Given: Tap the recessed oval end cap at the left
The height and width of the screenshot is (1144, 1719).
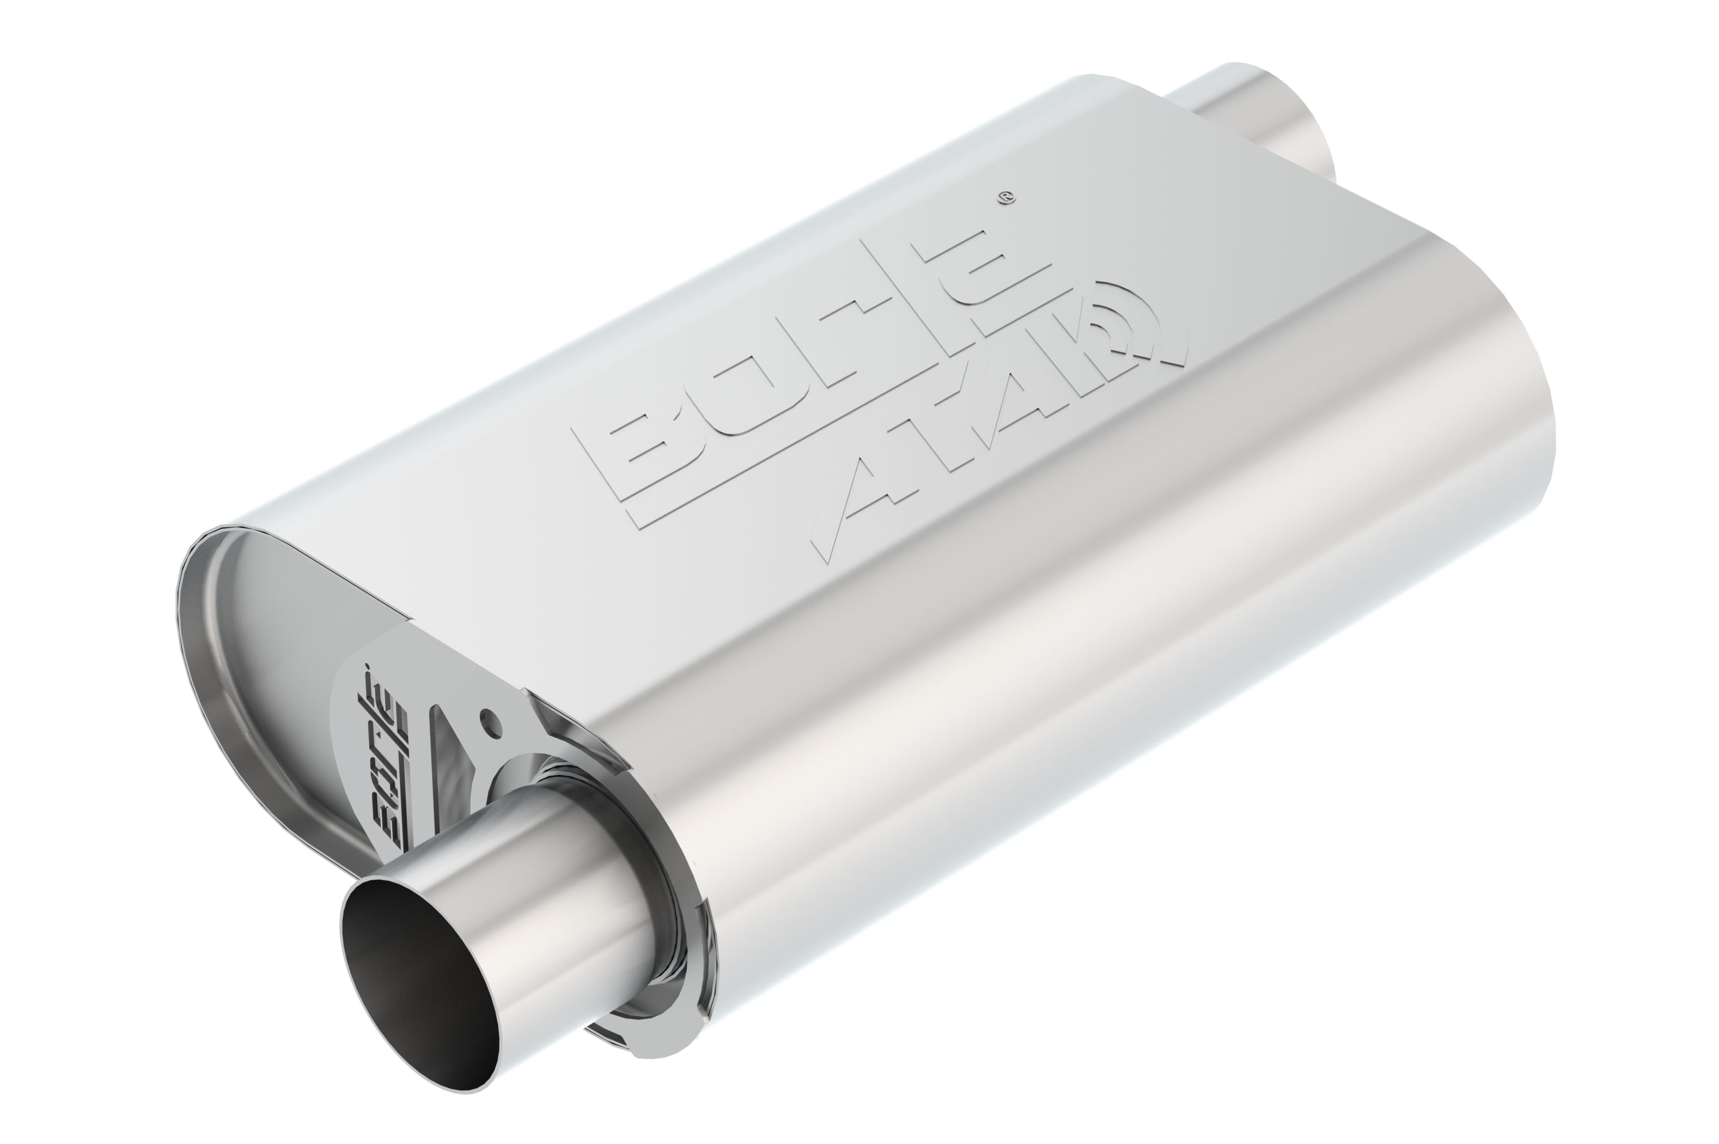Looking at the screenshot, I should (241, 656).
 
